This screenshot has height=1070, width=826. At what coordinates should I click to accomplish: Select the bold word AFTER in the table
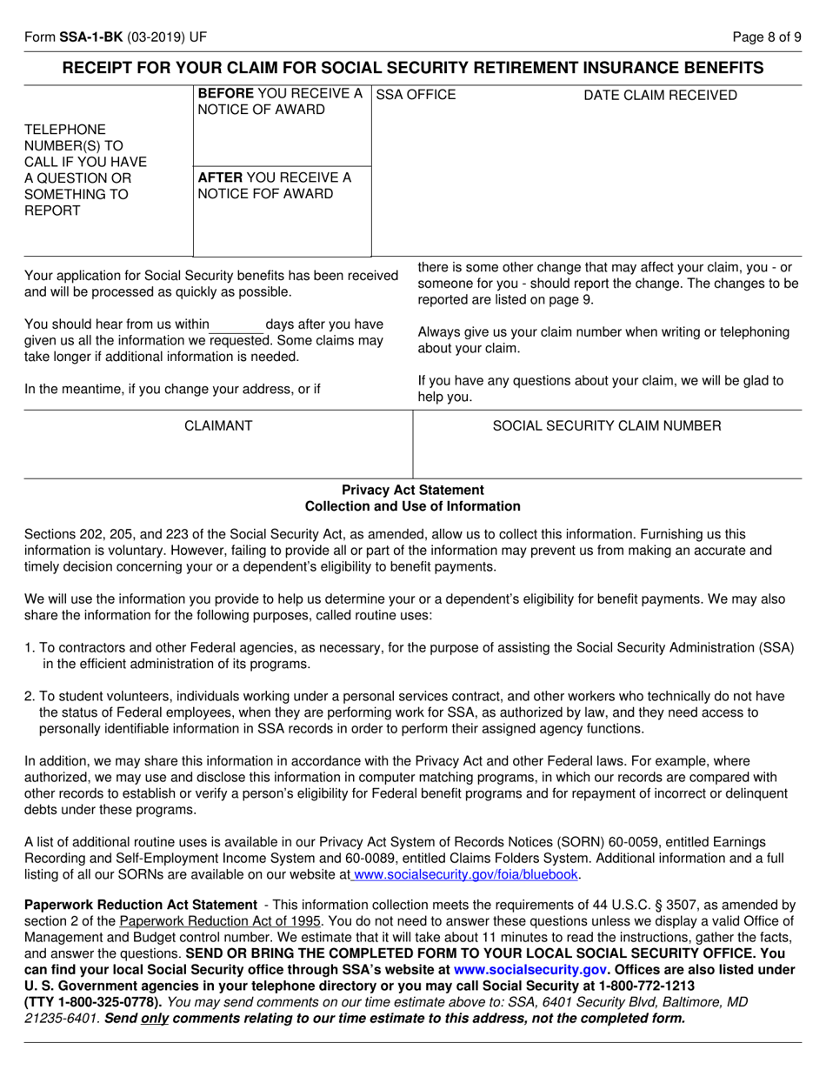coord(220,177)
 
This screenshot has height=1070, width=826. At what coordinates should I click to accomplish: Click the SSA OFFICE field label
coord(416,95)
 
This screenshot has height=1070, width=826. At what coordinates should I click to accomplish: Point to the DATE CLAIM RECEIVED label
coord(660,95)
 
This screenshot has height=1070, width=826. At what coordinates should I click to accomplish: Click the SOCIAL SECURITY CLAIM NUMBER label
coord(607,425)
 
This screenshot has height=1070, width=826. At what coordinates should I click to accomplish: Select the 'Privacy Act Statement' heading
coord(413,490)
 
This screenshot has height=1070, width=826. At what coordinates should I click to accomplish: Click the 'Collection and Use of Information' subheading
coord(413,506)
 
